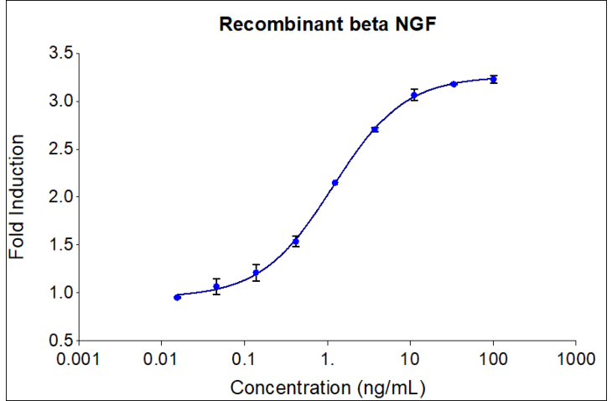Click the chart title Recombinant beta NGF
pyautogui.click(x=328, y=24)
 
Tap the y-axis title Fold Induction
pyautogui.click(x=18, y=196)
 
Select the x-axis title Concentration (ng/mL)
pyautogui.click(x=327, y=387)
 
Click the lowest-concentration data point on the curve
pyautogui.click(x=177, y=297)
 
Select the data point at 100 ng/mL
pyautogui.click(x=494, y=80)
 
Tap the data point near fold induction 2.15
pyautogui.click(x=335, y=183)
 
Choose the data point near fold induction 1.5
pyautogui.click(x=296, y=242)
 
